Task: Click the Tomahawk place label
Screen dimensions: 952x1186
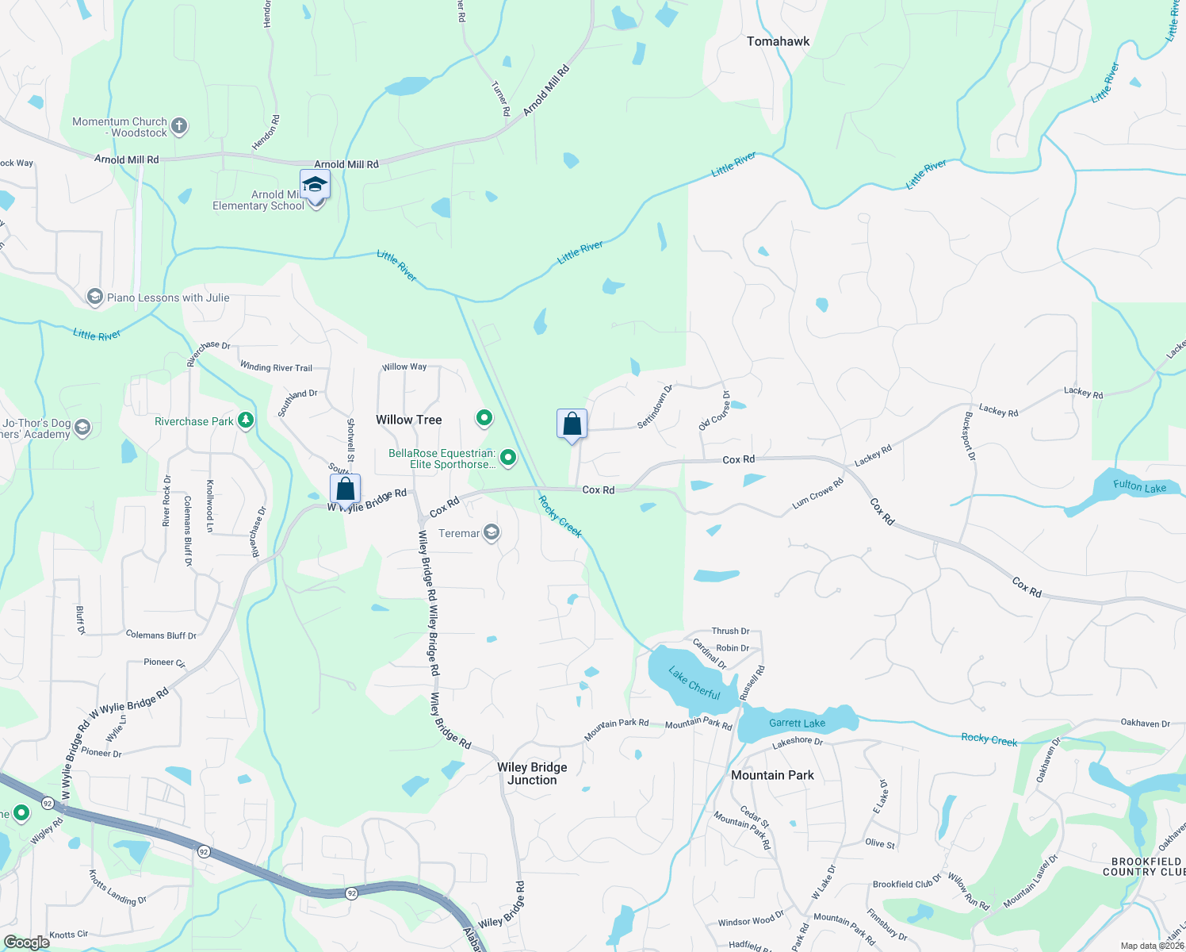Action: coord(778,41)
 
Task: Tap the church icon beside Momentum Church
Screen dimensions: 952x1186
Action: coord(179,125)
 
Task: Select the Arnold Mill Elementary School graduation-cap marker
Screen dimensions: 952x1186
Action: coord(315,185)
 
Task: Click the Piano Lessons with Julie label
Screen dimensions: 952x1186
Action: coord(168,297)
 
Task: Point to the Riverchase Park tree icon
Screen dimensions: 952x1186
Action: coord(246,420)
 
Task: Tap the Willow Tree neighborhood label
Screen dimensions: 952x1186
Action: coord(408,420)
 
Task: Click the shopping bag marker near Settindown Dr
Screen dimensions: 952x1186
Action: coord(572,424)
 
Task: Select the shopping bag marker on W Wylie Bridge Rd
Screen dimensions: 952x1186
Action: coord(345,489)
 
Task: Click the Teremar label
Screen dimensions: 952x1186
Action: coord(459,533)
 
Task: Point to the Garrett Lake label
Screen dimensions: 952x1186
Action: coord(797,723)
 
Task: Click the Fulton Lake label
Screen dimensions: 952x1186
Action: coord(1139,486)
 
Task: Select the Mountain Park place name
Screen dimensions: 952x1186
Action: coord(772,775)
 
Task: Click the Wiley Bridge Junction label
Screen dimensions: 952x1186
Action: coord(532,773)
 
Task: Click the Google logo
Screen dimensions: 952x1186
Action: coord(26,942)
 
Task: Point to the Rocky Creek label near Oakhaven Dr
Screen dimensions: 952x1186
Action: coord(989,739)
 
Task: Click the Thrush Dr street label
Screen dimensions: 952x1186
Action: coord(730,631)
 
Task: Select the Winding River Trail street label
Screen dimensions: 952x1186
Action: coord(276,367)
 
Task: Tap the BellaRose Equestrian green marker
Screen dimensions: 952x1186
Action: coord(508,457)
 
